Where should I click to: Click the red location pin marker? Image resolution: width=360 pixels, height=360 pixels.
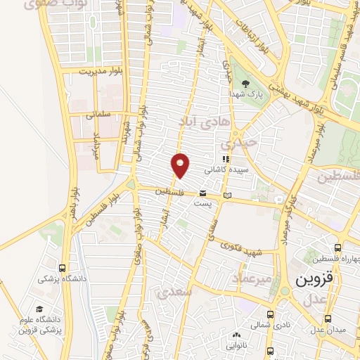coord(181,165)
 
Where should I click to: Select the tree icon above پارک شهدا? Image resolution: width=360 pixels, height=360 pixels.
coord(235,83)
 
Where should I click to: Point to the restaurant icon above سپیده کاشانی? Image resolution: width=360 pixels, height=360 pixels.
coord(225,160)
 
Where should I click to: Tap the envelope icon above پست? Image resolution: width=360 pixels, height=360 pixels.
coord(202,192)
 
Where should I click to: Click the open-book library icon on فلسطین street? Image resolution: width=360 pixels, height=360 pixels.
coord(226,195)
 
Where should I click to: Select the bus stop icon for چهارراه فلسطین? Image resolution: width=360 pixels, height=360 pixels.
coord(338,248)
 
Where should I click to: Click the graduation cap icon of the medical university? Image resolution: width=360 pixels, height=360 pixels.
coord(39,309)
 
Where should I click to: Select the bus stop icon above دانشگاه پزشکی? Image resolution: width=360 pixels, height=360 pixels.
coord(63,268)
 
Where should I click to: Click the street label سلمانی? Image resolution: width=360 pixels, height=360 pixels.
coord(99,114)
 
